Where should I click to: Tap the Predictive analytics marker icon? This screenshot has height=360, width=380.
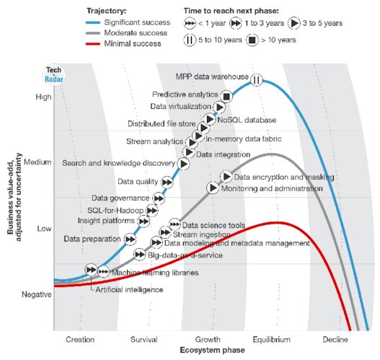coord(226,96)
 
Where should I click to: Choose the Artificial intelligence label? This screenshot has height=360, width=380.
coord(129,289)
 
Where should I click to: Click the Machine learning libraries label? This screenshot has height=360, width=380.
coord(154,273)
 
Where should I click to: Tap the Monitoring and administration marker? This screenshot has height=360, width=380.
coord(213,188)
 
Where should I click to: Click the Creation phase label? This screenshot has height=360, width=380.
coord(80,338)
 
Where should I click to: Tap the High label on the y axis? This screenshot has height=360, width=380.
coord(43,96)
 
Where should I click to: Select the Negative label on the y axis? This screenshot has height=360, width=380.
coord(37,294)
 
